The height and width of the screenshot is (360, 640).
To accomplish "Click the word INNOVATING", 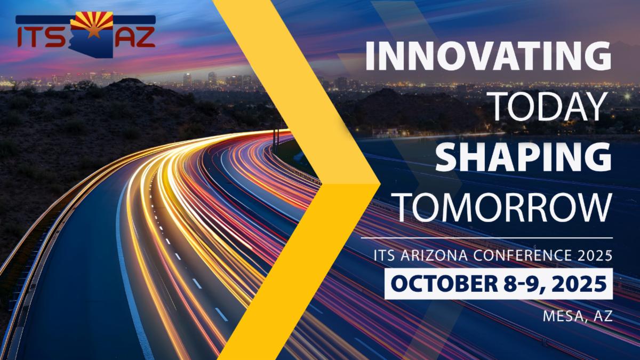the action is [x=489, y=55].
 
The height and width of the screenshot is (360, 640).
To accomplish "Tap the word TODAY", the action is [x=549, y=107].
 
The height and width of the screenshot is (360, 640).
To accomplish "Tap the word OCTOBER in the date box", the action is [x=444, y=284].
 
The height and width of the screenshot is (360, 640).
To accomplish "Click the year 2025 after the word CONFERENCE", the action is [x=595, y=255].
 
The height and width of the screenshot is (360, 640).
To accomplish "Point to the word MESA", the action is [x=562, y=316].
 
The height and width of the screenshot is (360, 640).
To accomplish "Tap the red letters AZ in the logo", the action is [x=135, y=37].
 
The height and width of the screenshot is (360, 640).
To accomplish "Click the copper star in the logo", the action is [x=92, y=31].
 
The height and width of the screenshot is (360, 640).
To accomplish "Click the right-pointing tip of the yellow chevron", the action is [x=380, y=185].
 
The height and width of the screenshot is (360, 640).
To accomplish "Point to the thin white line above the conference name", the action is [x=487, y=238].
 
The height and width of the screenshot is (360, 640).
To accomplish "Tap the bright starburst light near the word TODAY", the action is [x=627, y=97].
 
